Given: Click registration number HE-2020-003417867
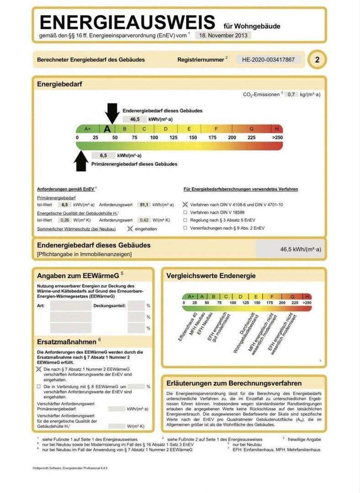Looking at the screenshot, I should click(268, 59).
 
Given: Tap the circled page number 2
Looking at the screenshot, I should click(317, 60).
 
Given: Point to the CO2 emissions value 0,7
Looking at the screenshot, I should click(291, 94).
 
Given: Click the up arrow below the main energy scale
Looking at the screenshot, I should click(81, 160).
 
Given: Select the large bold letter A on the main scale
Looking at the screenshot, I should click(108, 129).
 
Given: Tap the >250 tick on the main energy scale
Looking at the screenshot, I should click(277, 137).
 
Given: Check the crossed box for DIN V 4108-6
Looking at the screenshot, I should click(185, 205).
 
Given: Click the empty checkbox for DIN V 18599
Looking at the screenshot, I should click(185, 212).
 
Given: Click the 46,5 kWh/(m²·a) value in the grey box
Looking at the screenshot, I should click(300, 250).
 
